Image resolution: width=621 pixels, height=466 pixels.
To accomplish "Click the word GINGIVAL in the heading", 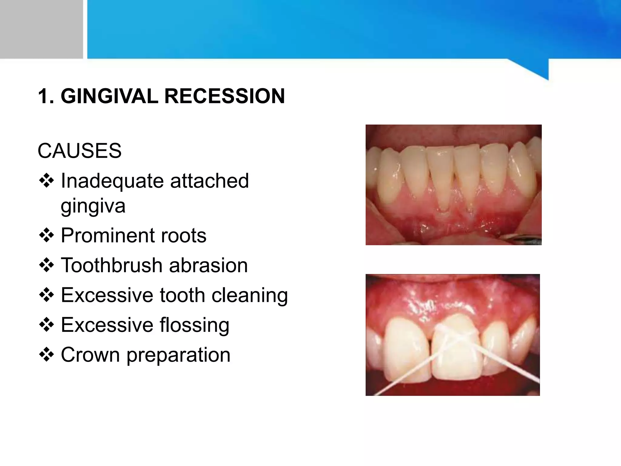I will click(109, 96).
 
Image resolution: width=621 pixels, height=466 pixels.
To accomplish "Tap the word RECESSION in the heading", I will click(224, 96).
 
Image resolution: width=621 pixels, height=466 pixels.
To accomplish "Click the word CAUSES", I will click(79, 151).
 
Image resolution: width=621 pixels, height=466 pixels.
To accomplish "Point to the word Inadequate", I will click(112, 181).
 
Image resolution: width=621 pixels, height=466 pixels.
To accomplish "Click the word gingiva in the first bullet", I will click(93, 206).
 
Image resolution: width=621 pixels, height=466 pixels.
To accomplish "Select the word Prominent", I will click(107, 235).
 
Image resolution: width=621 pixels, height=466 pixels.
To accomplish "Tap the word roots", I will click(183, 235).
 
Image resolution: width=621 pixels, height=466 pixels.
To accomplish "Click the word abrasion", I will click(208, 265).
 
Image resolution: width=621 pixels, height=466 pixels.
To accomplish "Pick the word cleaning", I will click(250, 295).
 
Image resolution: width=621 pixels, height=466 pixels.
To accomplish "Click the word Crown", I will click(90, 355).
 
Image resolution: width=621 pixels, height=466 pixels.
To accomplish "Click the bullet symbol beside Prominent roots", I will click(46, 235).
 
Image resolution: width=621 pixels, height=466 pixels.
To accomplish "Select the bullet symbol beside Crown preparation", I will click(46, 355).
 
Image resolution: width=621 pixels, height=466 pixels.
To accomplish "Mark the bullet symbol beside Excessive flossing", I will click(46, 325).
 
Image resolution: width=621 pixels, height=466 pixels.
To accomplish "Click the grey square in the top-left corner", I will click(41, 29).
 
